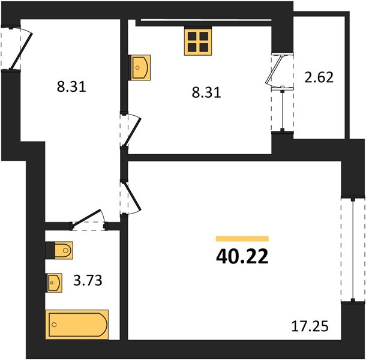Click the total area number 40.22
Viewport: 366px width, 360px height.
click(x=242, y=256)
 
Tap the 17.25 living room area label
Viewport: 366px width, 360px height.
click(x=310, y=326)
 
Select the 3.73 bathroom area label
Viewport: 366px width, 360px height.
click(x=88, y=280)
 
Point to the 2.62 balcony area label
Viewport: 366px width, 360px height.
click(x=319, y=77)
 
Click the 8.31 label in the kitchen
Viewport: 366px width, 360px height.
click(x=206, y=92)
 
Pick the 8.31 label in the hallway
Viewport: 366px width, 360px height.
click(x=71, y=86)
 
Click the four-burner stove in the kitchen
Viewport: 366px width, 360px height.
click(x=198, y=41)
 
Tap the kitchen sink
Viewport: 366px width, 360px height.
click(x=139, y=67)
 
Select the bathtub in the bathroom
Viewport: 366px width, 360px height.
click(x=77, y=324)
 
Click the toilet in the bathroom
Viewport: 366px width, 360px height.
click(x=59, y=250)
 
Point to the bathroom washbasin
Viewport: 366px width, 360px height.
click(x=54, y=283)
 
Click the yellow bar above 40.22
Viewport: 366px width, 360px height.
click(x=242, y=238)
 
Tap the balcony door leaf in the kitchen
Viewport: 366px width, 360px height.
click(x=275, y=70)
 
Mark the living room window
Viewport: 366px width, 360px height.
click(x=353, y=250)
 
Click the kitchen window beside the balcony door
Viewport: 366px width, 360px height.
click(x=283, y=110)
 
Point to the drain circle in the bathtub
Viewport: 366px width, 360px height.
click(x=55, y=325)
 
